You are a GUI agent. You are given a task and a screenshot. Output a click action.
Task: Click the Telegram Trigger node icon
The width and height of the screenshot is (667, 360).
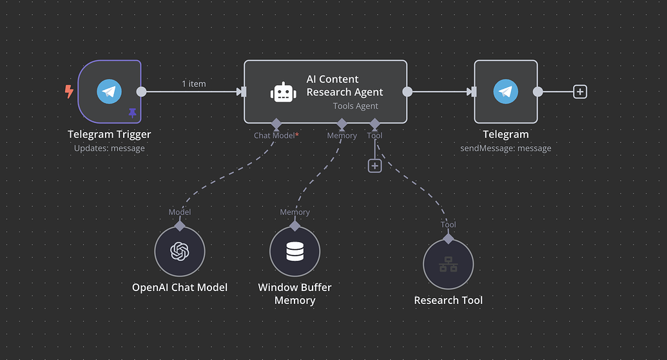click(109, 91)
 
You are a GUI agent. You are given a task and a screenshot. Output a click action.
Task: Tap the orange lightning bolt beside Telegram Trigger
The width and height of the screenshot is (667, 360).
click(69, 92)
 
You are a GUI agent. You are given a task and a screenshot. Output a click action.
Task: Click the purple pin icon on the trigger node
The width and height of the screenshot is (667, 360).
click(133, 113)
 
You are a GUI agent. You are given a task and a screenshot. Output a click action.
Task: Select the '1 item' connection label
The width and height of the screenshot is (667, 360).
click(194, 84)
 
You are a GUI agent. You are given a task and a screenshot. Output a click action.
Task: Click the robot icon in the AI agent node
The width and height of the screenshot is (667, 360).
click(282, 92)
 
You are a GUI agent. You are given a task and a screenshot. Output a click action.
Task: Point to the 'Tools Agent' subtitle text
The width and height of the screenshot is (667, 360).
click(355, 106)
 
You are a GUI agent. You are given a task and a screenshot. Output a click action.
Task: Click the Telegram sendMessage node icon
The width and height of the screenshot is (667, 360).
click(506, 91)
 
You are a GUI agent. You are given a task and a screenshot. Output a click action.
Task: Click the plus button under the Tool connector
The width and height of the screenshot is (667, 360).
click(374, 166)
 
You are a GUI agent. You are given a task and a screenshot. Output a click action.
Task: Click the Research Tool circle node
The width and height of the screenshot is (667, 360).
click(448, 265)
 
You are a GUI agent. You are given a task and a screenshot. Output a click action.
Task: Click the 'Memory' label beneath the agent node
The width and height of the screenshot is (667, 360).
click(342, 136)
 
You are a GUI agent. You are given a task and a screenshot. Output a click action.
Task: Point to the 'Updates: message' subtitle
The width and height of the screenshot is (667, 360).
click(109, 148)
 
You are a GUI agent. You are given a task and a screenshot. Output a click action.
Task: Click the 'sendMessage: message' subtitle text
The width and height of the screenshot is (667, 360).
click(506, 148)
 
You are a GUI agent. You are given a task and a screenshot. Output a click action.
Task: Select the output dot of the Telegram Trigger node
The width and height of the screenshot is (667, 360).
click(142, 91)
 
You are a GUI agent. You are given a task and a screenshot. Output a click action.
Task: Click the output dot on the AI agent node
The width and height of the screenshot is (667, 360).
click(407, 91)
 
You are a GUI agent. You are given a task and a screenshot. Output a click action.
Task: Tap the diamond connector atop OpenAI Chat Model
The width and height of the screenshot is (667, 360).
click(179, 225)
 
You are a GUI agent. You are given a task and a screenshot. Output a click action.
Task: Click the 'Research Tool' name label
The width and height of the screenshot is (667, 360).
click(448, 300)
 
